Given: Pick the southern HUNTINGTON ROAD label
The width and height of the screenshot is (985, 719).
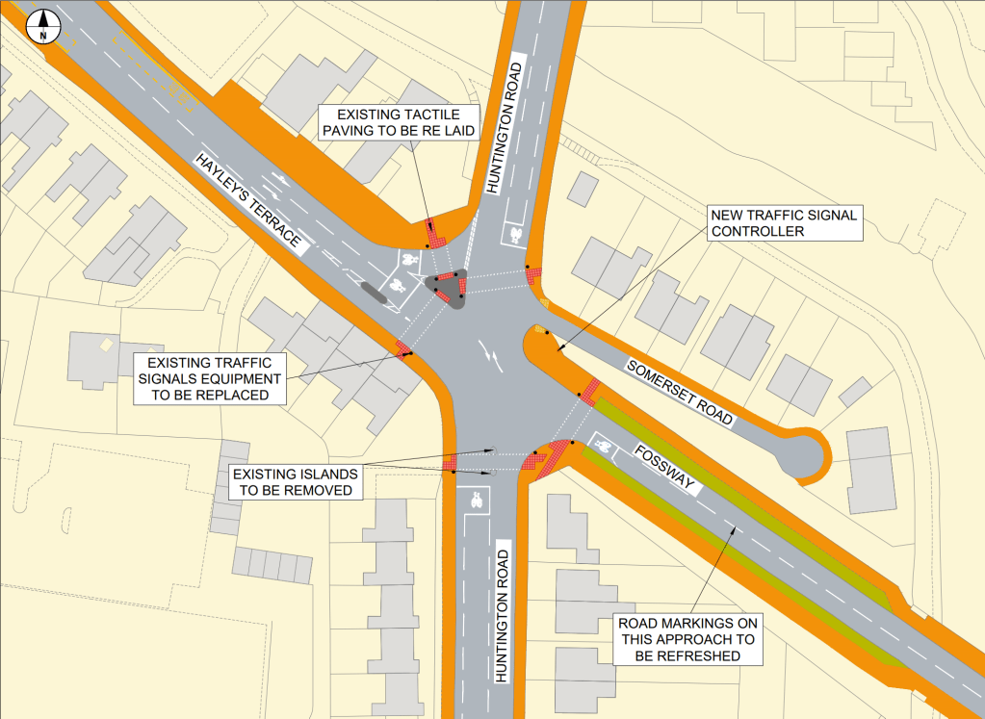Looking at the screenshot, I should click(502, 612).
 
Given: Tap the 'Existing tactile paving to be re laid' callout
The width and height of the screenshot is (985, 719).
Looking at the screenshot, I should click(399, 122).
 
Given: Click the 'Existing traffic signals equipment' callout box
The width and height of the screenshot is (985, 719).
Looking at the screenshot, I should click(208, 378).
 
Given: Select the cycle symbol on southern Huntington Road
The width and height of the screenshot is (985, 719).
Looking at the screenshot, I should click(477, 500).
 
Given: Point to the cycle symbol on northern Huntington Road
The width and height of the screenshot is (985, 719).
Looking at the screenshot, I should click(516, 234).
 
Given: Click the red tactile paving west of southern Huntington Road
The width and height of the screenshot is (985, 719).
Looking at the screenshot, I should click(449, 463).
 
